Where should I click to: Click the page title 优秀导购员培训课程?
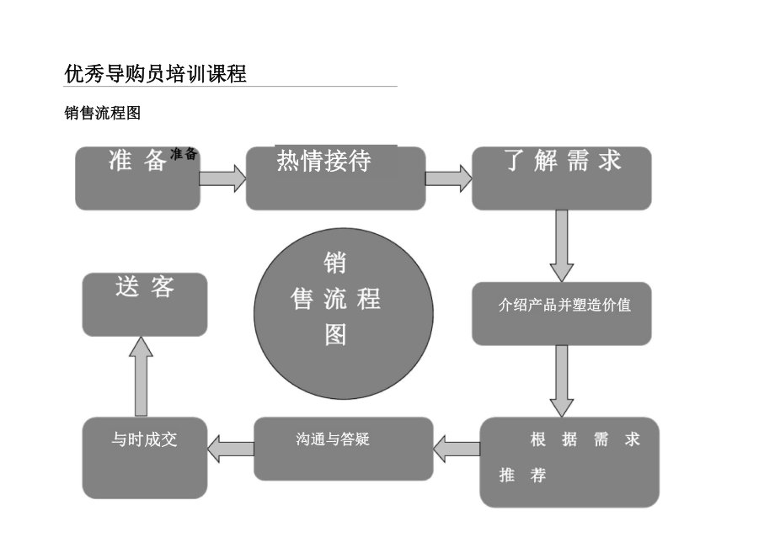tap(155, 73)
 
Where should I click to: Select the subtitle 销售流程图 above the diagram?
tap(102, 113)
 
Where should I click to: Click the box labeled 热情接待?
tap(335, 178)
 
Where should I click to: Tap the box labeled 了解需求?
tap(561, 178)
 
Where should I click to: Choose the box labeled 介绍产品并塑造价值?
tap(561, 313)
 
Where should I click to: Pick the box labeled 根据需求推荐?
tap(569, 462)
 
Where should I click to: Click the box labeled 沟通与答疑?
tap(344, 449)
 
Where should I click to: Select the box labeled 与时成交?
tap(145, 457)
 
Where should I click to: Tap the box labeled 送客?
tap(145, 304)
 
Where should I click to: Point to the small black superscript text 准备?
tap(184, 154)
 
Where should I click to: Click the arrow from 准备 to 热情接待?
tap(222, 178)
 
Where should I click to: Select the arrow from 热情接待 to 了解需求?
tap(448, 178)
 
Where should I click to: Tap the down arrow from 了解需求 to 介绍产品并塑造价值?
tap(562, 245)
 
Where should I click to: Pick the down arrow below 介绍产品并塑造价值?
tap(562, 380)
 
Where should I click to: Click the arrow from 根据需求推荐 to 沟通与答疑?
tap(457, 449)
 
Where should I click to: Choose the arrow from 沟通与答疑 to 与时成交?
tap(231, 449)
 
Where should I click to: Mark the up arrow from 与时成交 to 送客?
tap(142, 375)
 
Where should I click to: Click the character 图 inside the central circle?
tap(335, 335)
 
